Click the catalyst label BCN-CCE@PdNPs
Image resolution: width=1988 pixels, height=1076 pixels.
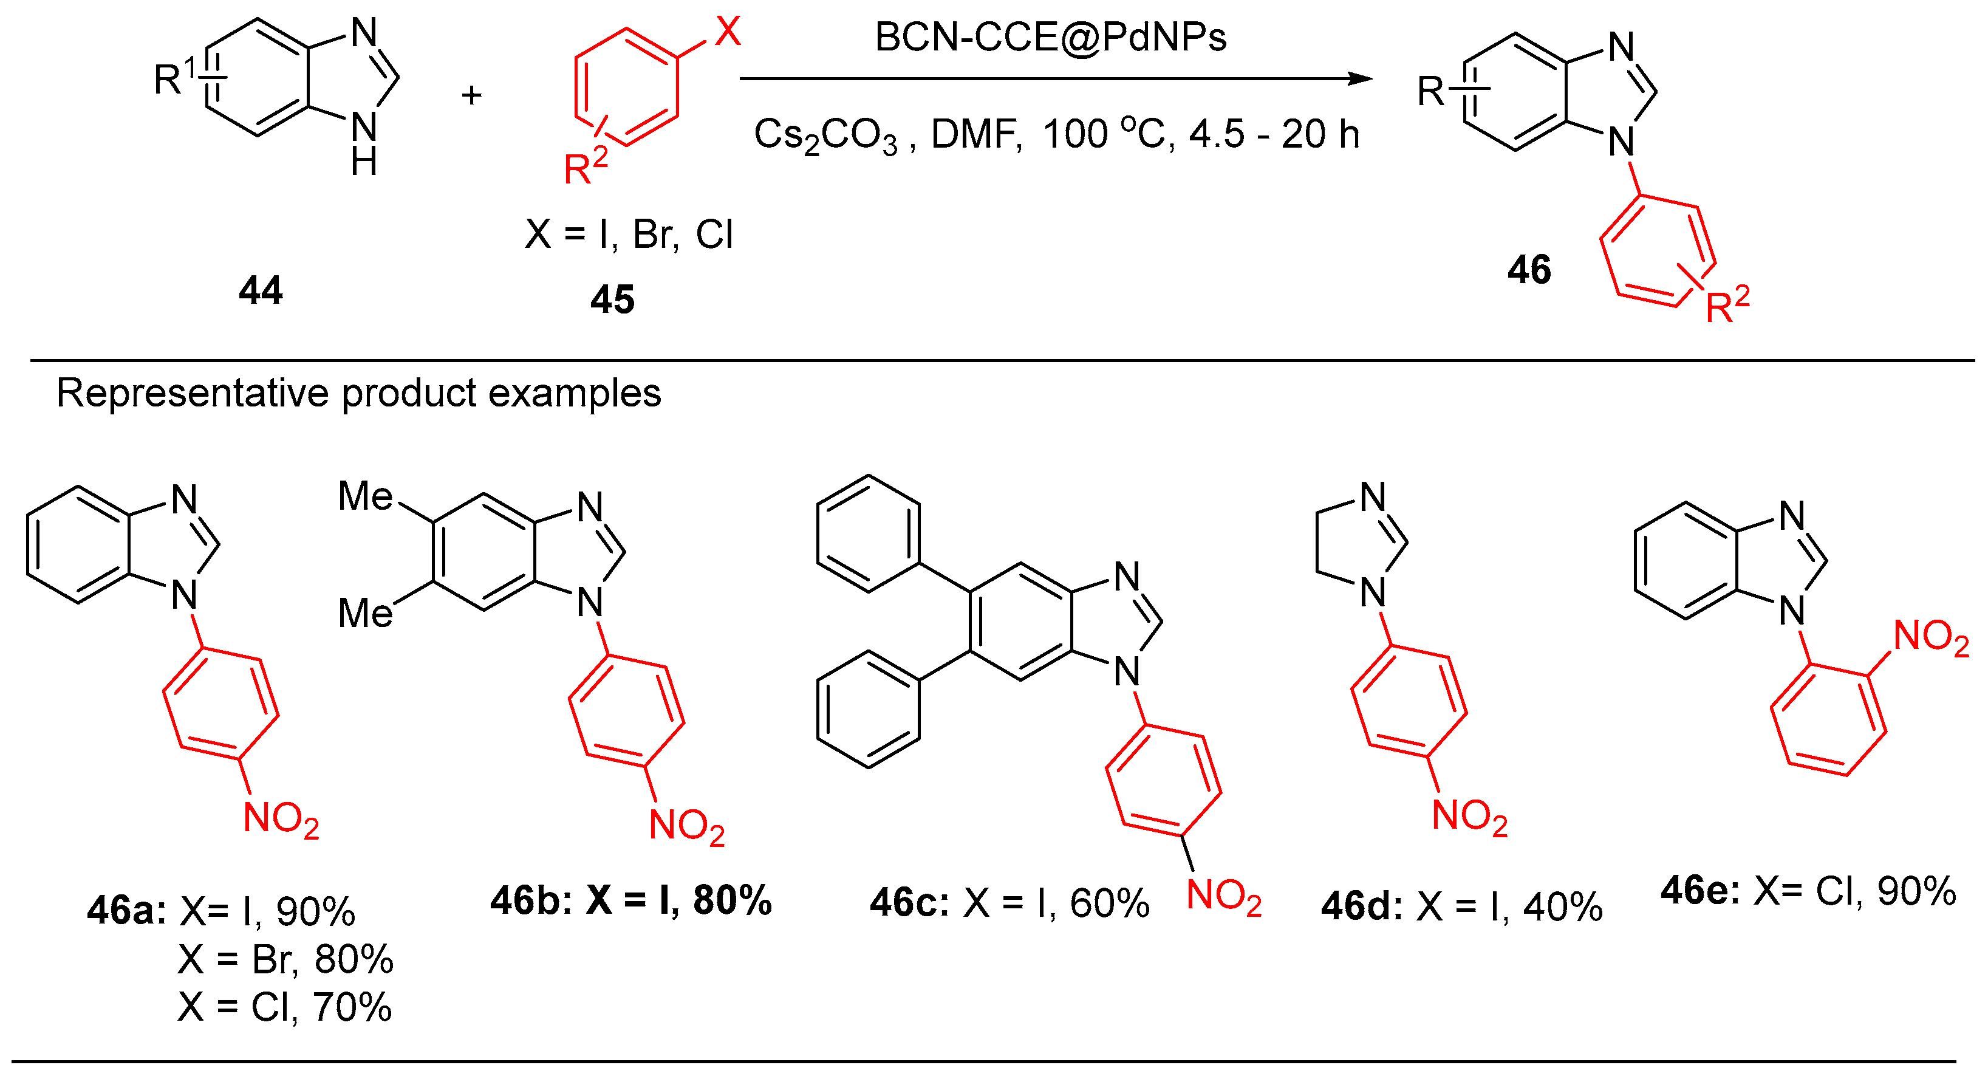(x=1050, y=37)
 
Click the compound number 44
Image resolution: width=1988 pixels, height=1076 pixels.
(x=261, y=291)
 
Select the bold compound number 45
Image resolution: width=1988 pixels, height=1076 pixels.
(x=612, y=300)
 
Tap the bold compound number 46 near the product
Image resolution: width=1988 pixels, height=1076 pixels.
(x=1529, y=270)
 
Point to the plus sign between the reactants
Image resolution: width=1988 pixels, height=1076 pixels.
(x=471, y=96)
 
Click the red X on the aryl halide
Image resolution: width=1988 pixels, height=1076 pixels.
(x=727, y=32)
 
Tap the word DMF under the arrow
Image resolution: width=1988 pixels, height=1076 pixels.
(x=975, y=134)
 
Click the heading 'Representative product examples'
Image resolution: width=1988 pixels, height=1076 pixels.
(x=359, y=393)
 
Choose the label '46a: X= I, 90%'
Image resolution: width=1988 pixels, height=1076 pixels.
(x=222, y=911)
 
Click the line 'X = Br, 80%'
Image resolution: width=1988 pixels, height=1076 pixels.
(x=285, y=959)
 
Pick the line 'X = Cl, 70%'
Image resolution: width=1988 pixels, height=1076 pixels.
(x=285, y=1007)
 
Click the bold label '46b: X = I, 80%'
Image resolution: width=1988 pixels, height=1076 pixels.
(x=630, y=900)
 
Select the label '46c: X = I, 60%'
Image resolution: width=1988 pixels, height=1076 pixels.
(x=1009, y=903)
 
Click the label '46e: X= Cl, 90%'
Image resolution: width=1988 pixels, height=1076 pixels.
(x=1808, y=891)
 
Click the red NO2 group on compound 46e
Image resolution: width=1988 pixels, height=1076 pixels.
(x=1931, y=639)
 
